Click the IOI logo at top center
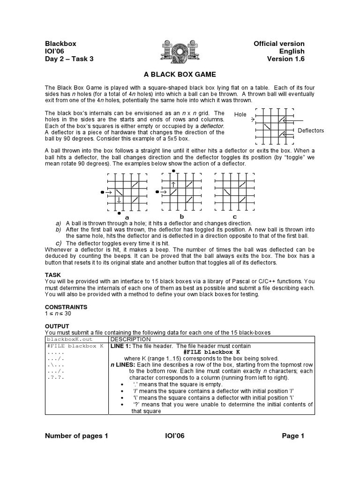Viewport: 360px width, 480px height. tap(180, 51)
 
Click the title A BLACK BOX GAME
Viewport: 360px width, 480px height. tap(180, 75)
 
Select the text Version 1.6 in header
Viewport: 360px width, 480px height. tap(286, 59)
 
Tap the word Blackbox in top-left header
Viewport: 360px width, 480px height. tap(60, 44)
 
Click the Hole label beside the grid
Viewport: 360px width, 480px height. tap(240, 114)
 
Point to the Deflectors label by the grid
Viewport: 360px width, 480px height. tap(310, 130)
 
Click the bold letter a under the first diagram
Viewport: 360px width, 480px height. tap(127, 217)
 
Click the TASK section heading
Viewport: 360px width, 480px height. tap(52, 275)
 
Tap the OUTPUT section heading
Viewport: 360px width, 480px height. tap(57, 326)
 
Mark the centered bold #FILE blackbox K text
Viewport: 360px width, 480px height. tap(211, 352)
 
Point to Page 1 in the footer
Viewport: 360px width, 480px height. tap(293, 436)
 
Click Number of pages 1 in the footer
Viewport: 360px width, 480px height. tap(76, 436)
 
